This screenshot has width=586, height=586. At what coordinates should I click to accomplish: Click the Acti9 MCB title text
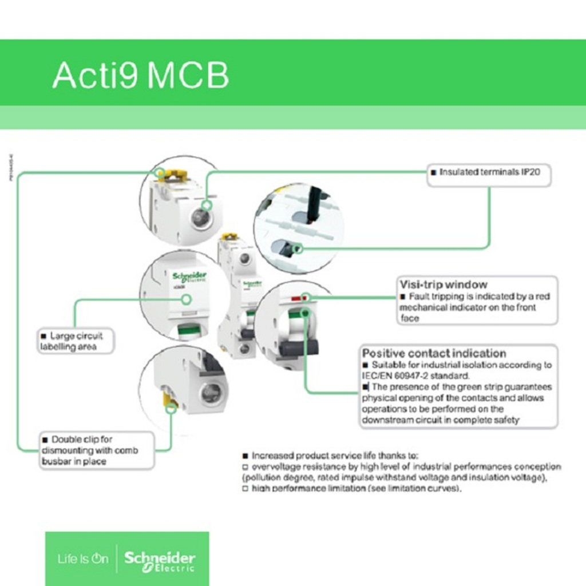tap(140, 75)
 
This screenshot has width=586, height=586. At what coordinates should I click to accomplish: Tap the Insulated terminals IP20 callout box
tap(489, 172)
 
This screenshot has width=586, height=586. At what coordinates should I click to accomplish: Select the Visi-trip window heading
tap(444, 284)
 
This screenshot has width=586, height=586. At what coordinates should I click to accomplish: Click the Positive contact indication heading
tap(434, 353)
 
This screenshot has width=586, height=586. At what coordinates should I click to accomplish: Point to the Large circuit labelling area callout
tap(76, 341)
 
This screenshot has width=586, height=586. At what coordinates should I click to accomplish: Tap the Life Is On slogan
tap(82, 559)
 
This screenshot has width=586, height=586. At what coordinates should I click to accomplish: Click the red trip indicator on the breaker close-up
tap(297, 298)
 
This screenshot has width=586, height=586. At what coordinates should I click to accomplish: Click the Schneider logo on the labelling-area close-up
tap(189, 278)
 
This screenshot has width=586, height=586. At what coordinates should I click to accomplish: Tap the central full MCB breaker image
tap(239, 298)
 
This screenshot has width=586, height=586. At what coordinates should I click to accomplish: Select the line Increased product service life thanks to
tap(335, 456)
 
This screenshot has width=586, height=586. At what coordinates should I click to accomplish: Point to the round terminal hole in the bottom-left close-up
tap(211, 392)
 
